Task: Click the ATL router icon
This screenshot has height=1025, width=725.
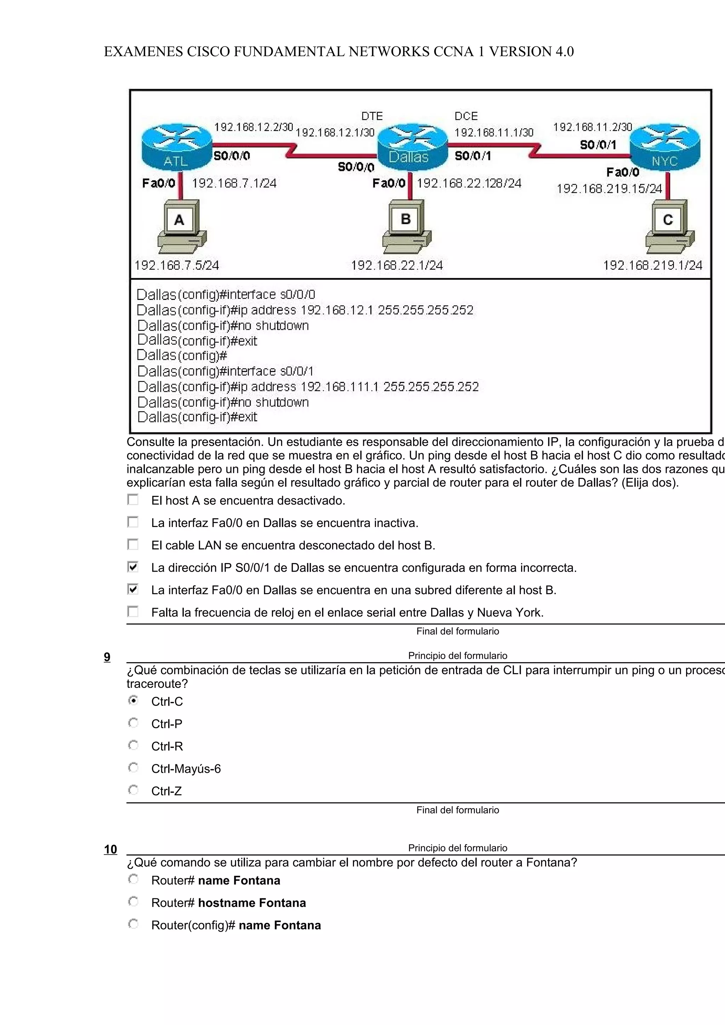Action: click(x=176, y=146)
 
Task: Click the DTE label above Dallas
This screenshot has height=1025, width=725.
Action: click(x=372, y=116)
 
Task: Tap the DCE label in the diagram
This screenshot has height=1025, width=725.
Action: click(x=466, y=116)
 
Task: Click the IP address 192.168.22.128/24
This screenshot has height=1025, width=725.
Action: click(x=469, y=183)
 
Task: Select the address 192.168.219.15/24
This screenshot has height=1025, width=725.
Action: click(x=609, y=189)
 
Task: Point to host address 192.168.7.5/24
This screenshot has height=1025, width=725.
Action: click(x=177, y=265)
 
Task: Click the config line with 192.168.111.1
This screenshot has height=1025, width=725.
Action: click(x=308, y=387)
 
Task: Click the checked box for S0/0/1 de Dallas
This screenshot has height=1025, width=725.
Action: click(x=133, y=567)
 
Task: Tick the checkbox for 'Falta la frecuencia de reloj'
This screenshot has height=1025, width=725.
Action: click(x=133, y=612)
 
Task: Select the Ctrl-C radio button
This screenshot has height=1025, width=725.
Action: click(x=133, y=700)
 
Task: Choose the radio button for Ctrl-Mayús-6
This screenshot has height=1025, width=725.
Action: click(x=133, y=768)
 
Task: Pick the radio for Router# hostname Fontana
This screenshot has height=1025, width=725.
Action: click(x=133, y=902)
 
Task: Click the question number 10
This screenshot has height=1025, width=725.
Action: click(x=110, y=849)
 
